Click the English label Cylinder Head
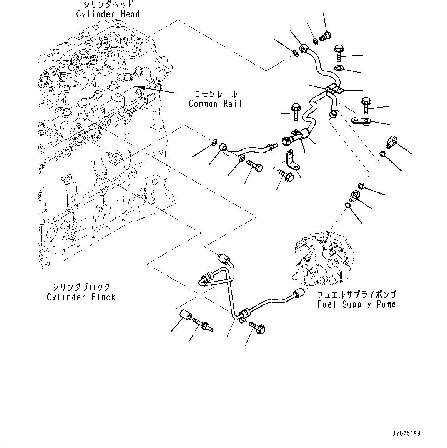click(x=108, y=14)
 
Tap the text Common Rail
click(x=215, y=104)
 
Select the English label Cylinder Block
click(x=81, y=297)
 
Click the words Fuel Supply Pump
click(x=356, y=304)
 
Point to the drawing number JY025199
click(x=406, y=433)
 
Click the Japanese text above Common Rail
click(x=215, y=94)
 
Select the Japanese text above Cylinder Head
click(x=108, y=5)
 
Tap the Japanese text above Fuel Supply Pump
click(x=356, y=295)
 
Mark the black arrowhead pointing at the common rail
click(x=141, y=87)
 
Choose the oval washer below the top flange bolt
click(x=339, y=68)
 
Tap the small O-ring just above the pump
click(x=347, y=205)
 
